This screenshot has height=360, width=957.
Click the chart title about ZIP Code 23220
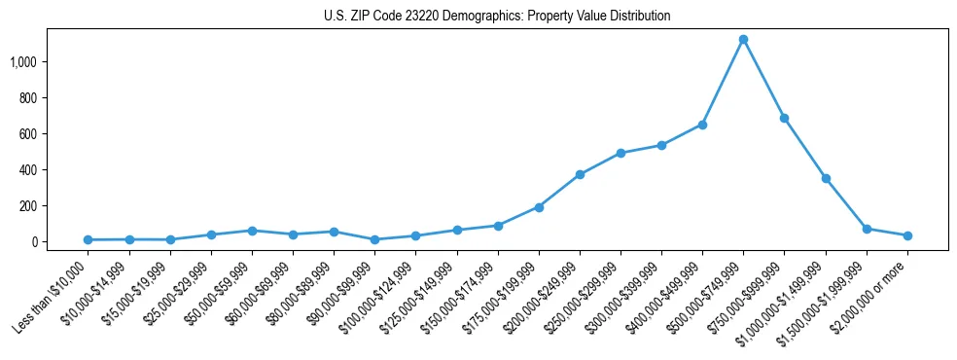[x=497, y=17]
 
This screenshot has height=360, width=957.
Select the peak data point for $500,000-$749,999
[x=743, y=40]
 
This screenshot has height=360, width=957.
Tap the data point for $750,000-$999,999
[x=784, y=118]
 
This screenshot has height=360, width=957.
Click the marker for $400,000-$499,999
[x=702, y=125]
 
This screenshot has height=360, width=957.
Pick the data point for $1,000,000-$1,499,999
[x=826, y=178]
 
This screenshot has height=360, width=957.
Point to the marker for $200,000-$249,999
[x=580, y=174]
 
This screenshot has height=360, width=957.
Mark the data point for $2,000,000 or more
[x=907, y=235]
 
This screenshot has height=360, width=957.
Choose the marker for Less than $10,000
[x=89, y=239]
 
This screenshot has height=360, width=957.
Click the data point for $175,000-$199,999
[x=539, y=207]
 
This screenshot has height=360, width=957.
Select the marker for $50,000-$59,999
[x=252, y=231]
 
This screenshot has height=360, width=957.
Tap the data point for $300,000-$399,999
[x=661, y=145]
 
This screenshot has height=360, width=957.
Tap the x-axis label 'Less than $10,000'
[x=51, y=293]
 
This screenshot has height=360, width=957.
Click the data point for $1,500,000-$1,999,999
[x=867, y=229]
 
